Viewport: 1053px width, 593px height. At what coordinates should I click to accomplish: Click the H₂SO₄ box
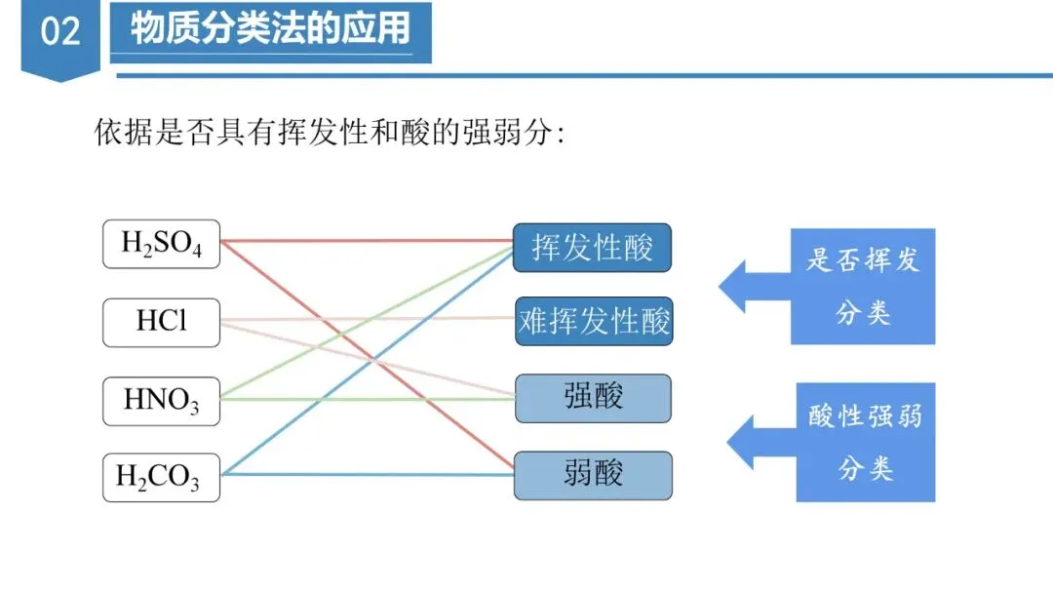pos(161,244)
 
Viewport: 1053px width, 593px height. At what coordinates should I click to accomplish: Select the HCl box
pos(161,322)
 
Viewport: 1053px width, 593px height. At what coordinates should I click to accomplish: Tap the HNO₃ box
pos(161,400)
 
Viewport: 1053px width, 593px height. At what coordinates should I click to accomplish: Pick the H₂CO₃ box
pos(161,477)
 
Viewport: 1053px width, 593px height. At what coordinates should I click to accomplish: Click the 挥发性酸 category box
pos(593,248)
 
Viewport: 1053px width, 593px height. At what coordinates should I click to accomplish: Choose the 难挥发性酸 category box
pos(594,321)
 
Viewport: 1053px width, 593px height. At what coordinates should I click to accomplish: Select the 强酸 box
pos(593,398)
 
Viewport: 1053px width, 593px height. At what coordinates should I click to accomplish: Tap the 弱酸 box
pos(593,475)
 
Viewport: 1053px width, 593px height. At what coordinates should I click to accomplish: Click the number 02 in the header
pos(60,32)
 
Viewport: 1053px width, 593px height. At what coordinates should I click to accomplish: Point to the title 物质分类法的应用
pos(270,30)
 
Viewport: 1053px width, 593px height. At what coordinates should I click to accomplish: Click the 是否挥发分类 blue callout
pos(863,287)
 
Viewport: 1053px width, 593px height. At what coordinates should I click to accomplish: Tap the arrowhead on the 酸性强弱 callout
pos(741,442)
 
